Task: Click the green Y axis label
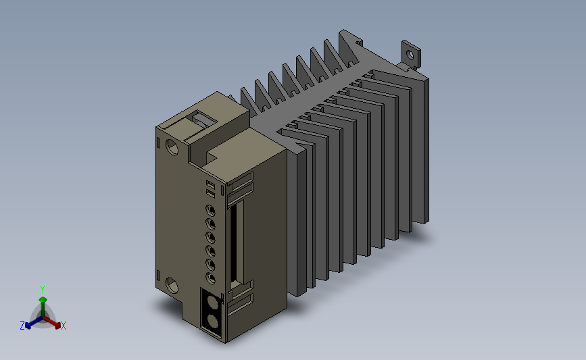(x=42, y=290)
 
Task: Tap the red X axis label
(x=63, y=326)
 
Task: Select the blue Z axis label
(x=22, y=326)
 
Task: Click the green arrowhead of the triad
(x=43, y=300)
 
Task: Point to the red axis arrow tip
(x=57, y=326)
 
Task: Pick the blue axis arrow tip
(x=28, y=326)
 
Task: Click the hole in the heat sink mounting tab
(x=410, y=55)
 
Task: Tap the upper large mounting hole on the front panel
(x=172, y=147)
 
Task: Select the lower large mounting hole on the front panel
(x=172, y=285)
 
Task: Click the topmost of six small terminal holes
(x=211, y=211)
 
